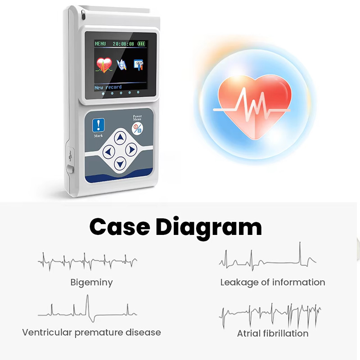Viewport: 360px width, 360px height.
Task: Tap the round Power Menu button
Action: [x=137, y=129]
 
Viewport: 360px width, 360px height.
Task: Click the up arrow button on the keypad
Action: [x=120, y=138]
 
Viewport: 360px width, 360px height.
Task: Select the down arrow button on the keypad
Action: [x=120, y=164]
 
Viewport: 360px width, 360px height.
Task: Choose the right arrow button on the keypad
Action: [x=131, y=150]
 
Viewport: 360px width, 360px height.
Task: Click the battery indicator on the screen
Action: [x=141, y=44]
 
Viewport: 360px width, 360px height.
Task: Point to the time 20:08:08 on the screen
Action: [x=123, y=44]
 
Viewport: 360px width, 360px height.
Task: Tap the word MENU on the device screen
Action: [x=100, y=44]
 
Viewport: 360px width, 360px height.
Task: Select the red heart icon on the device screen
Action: [x=104, y=65]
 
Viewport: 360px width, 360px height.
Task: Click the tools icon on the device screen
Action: [x=139, y=65]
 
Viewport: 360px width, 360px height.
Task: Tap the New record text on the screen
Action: [x=108, y=87]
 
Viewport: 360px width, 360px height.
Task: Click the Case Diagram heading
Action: [x=175, y=227]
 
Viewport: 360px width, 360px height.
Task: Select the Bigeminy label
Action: [x=92, y=283]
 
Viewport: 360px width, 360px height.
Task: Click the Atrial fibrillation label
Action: [x=273, y=333]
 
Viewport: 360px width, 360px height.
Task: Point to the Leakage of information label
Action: [x=273, y=283]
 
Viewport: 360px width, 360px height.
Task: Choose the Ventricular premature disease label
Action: [x=92, y=333]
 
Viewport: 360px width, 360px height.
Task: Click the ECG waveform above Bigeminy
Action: [x=87, y=261]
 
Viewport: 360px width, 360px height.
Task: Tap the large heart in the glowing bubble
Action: [x=254, y=107]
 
